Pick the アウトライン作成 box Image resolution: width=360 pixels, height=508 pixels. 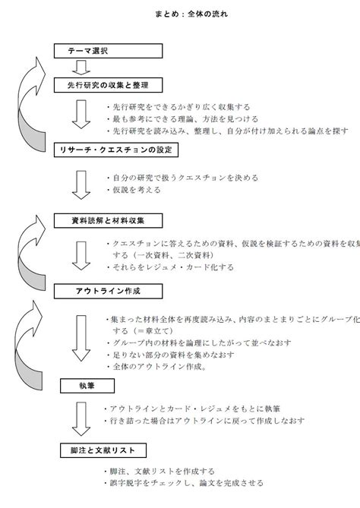tap(109, 291)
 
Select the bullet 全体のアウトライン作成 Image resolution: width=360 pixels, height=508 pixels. tap(158, 367)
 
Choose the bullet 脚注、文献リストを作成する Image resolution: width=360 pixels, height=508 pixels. tap(165, 471)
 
